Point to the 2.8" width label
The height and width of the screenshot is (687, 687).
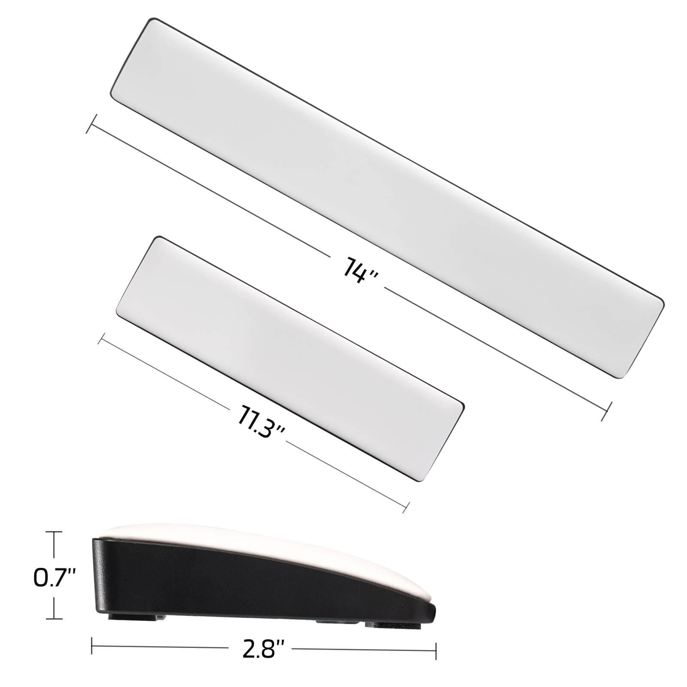(x=264, y=650)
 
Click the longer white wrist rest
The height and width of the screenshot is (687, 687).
(x=386, y=198)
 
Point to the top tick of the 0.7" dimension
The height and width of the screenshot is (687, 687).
(x=54, y=532)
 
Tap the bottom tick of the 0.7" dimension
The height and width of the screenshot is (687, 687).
(x=54, y=619)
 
